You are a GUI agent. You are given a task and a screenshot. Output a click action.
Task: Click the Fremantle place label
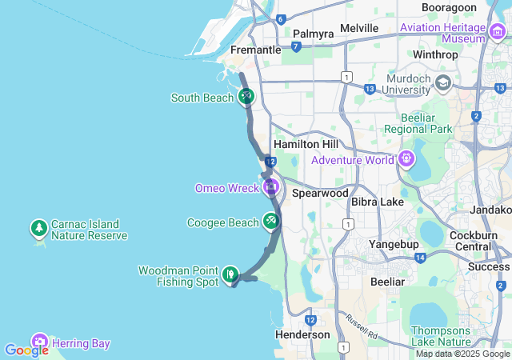click(255, 50)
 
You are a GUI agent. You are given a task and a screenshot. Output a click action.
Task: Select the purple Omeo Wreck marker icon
click(270, 188)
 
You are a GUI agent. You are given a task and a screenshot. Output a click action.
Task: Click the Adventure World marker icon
click(406, 159)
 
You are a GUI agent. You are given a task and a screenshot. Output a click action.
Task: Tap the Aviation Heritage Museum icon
click(498, 32)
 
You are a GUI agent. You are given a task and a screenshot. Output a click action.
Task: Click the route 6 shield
click(280, 18)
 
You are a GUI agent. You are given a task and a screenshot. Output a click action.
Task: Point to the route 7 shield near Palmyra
click(296, 46)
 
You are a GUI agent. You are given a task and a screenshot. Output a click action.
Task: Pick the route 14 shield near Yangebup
click(420, 258)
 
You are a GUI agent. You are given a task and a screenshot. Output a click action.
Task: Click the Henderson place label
click(302, 334)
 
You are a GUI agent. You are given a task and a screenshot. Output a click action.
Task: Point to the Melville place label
click(359, 28)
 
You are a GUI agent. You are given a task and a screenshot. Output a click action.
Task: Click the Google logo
click(26, 350)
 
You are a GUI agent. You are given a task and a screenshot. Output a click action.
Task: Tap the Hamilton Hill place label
click(306, 144)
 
